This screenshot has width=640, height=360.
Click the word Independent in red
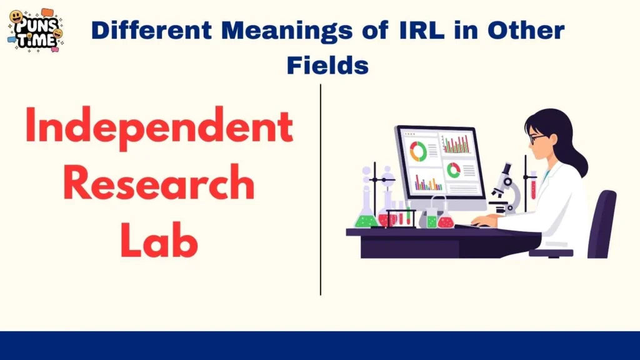pos(159,128)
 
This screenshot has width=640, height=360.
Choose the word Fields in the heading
pos(327,65)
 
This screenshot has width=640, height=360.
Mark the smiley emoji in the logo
pos(17,17)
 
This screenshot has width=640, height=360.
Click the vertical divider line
pos(321,187)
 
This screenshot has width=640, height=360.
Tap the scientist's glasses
pos(536,138)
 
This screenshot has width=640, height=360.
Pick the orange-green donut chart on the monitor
pos(417,151)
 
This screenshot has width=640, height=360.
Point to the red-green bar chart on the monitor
pos(457,145)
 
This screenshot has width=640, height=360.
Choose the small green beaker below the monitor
pos(432,220)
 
